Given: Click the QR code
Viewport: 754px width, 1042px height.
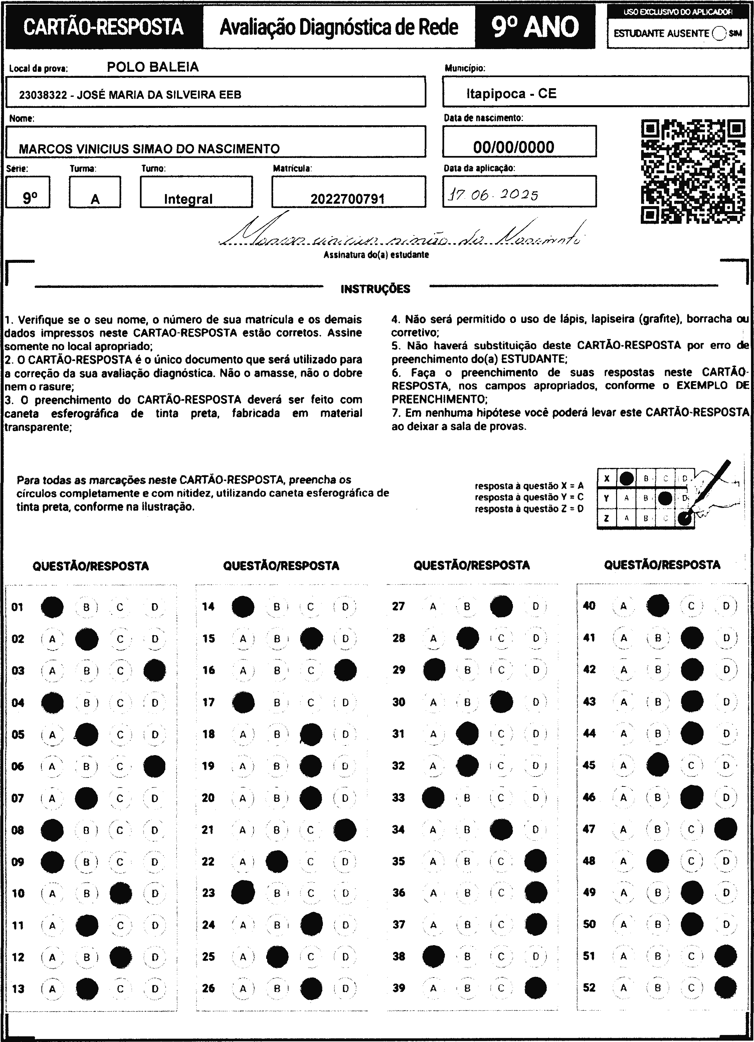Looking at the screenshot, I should (693, 171).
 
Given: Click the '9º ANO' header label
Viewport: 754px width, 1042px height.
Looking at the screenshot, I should (535, 27).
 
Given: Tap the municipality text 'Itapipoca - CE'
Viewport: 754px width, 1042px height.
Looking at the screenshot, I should (511, 94).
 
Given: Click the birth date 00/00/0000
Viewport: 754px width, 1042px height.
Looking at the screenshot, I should (514, 147).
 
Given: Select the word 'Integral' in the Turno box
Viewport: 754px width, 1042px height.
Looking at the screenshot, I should (188, 199).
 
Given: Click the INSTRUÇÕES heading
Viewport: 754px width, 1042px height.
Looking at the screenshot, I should (375, 289).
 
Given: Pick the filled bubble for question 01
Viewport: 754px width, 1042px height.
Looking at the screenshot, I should (52, 607).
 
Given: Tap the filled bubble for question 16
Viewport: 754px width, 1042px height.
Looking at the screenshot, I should (345, 670).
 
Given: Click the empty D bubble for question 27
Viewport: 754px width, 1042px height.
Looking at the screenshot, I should (536, 606).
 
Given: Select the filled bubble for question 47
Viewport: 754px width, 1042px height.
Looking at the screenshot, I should (726, 829).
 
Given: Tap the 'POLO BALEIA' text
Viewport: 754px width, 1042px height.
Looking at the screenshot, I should (153, 67).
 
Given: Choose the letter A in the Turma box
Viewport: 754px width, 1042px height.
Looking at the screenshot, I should (95, 199).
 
